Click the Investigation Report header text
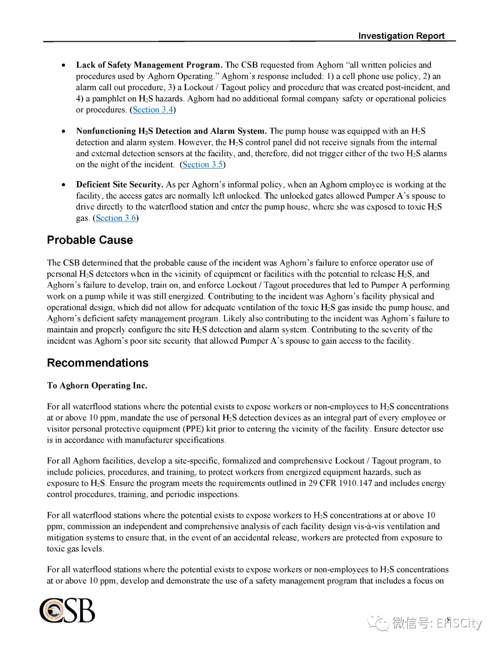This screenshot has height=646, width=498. click(x=401, y=36)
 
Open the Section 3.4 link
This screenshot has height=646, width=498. click(x=153, y=110)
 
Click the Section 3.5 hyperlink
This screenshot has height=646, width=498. click(x=202, y=164)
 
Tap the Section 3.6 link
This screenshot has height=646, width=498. click(x=116, y=218)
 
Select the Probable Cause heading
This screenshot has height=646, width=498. click(x=90, y=240)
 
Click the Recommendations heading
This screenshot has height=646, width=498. click(x=98, y=363)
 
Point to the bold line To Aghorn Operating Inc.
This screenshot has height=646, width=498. click(x=97, y=386)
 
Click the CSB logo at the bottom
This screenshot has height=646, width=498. click(x=67, y=611)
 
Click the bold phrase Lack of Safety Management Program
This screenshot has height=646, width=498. click(x=149, y=65)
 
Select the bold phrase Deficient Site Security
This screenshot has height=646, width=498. click(x=119, y=185)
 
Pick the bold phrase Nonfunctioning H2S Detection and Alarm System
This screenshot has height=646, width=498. click(x=171, y=131)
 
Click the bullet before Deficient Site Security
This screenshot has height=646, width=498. click(x=64, y=185)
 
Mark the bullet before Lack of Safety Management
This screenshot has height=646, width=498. click(x=64, y=65)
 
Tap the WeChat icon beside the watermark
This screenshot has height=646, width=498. click(x=378, y=623)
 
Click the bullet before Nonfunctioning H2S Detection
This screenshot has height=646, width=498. click(x=64, y=131)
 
